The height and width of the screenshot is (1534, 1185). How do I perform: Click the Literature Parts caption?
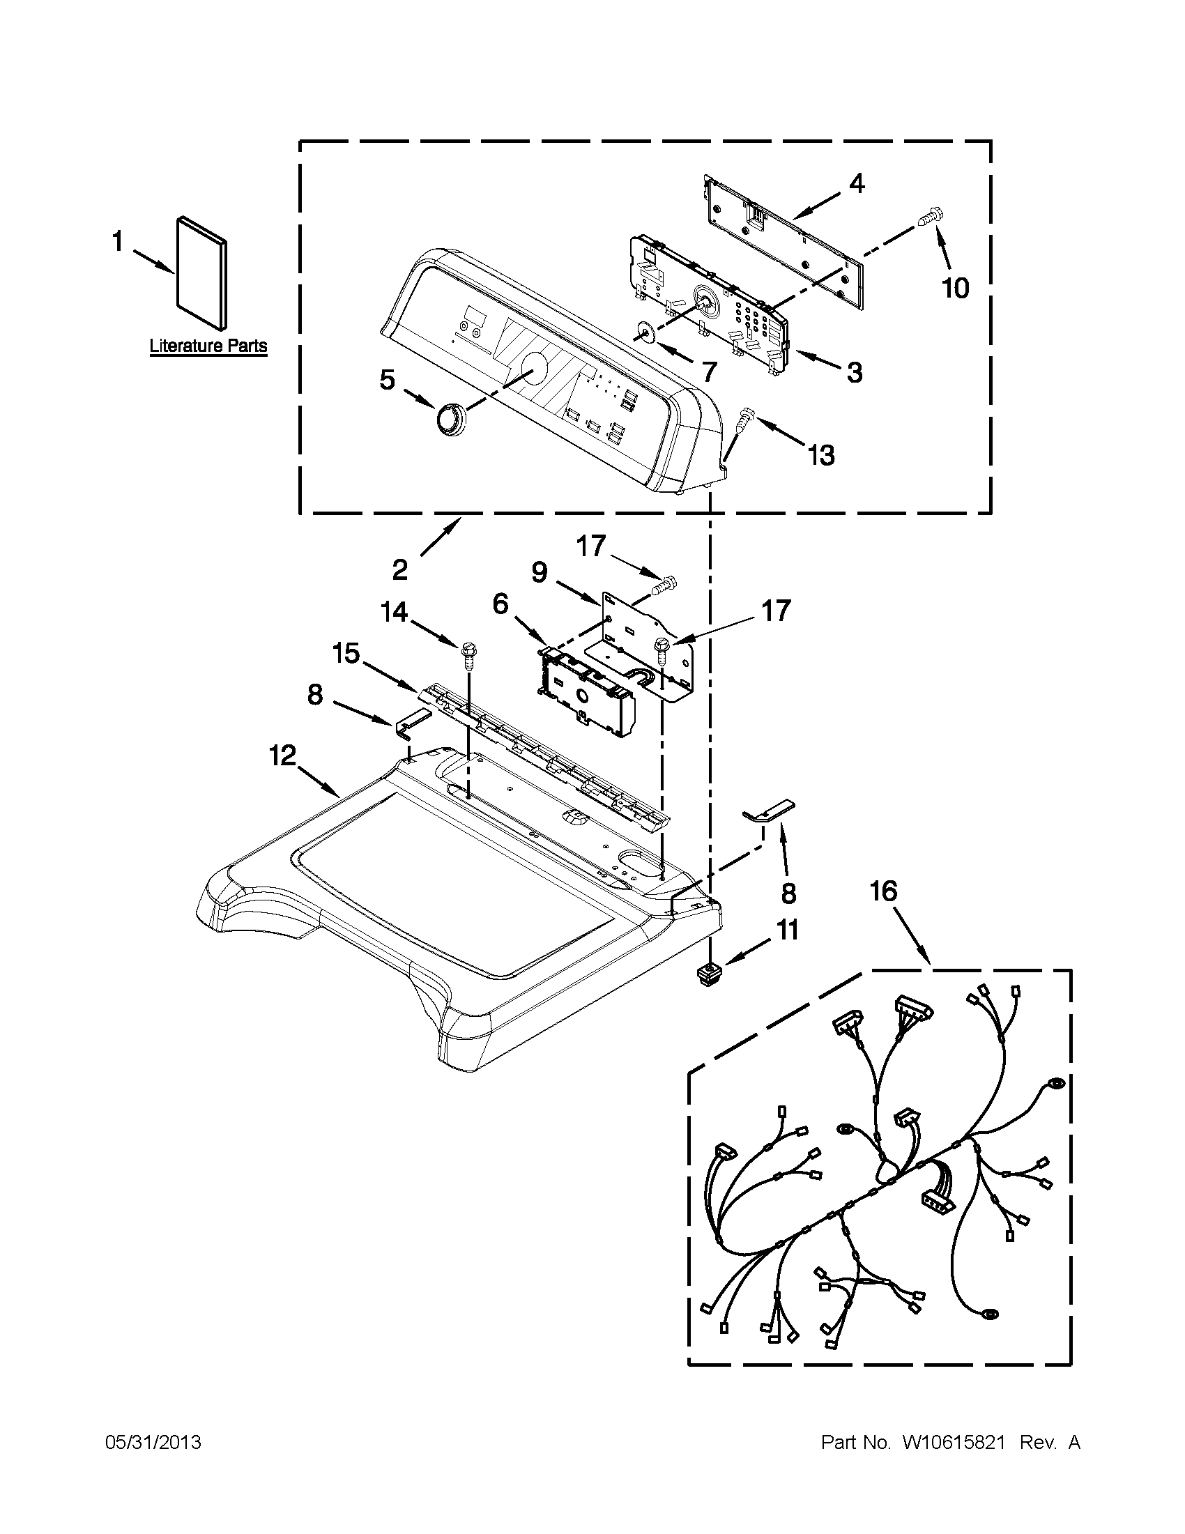click(x=208, y=346)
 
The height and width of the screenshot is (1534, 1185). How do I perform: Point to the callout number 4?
click(x=855, y=184)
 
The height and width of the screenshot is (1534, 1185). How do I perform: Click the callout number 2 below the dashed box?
click(x=399, y=569)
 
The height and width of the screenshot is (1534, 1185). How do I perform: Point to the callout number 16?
click(x=883, y=891)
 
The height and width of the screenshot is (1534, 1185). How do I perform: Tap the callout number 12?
click(x=283, y=756)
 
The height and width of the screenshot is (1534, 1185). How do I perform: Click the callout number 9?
click(x=539, y=573)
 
